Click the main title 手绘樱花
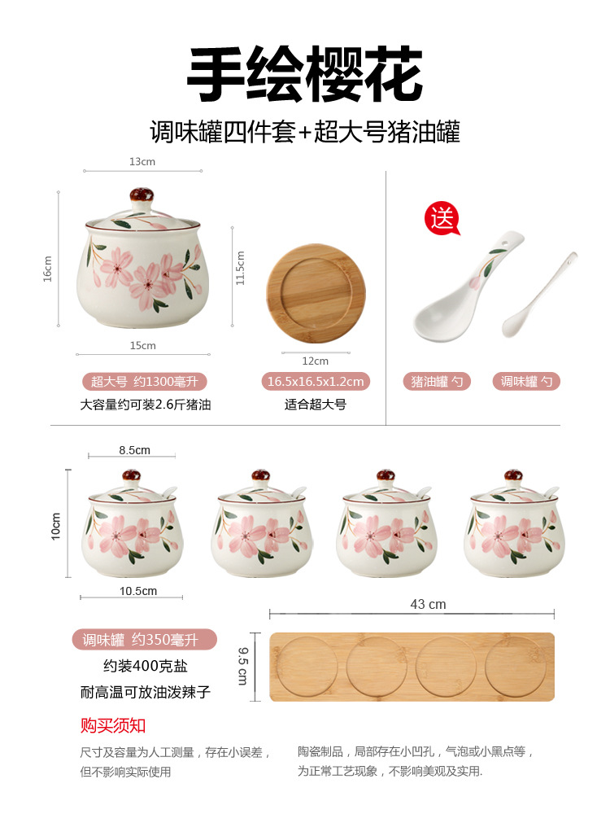(305, 75)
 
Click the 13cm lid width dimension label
(142, 161)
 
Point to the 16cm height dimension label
(48, 269)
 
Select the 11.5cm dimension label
(240, 267)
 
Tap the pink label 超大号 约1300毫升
(145, 381)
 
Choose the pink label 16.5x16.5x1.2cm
(316, 381)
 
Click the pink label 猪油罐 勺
(437, 381)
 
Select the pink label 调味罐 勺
(526, 381)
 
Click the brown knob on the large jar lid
(142, 196)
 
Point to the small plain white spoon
(545, 289)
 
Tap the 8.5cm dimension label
(134, 450)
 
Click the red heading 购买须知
(113, 725)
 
